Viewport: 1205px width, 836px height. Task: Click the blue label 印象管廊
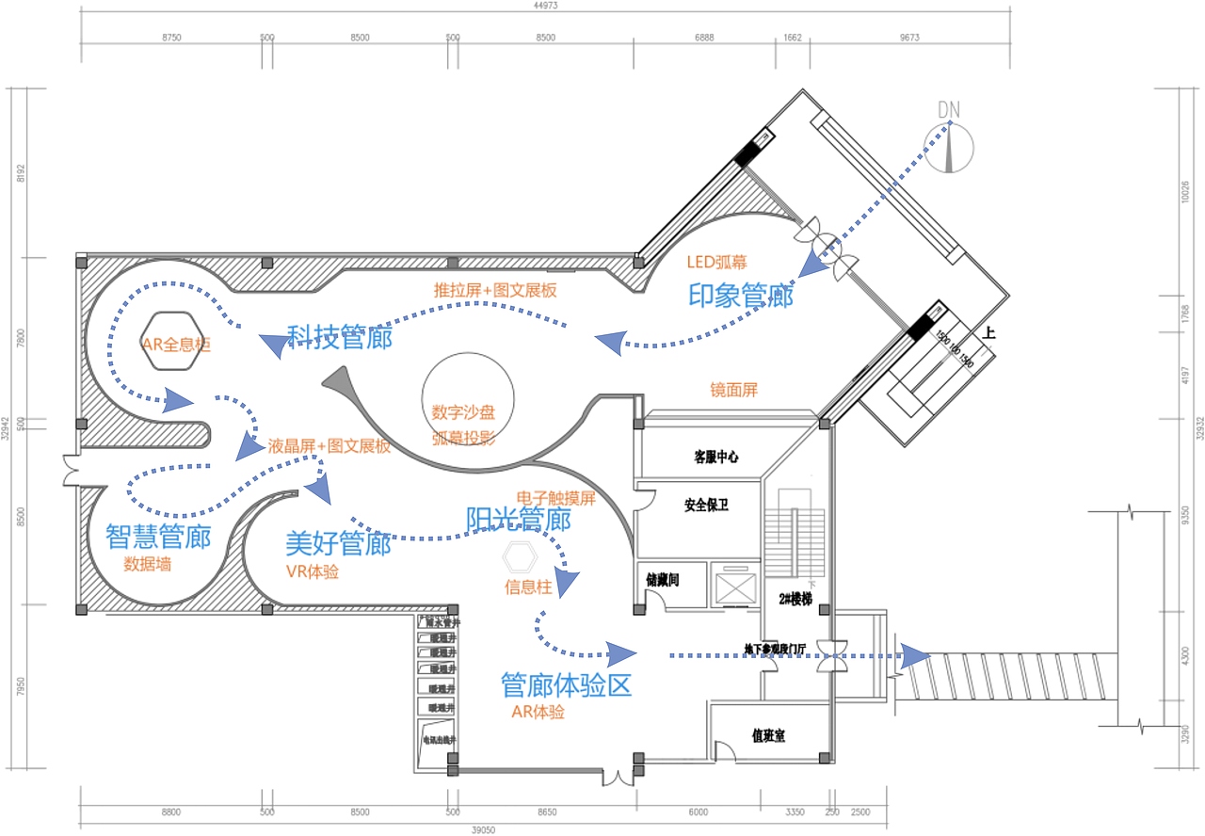point(741,296)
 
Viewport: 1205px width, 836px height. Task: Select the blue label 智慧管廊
point(158,538)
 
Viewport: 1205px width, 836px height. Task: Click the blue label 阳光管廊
point(519,519)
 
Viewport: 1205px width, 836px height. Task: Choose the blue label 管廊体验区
point(566,684)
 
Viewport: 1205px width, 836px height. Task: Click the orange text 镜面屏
point(733,389)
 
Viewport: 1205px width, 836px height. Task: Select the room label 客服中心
point(716,457)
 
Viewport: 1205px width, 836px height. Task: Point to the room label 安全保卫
point(706,505)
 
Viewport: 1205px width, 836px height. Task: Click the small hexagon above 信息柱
point(518,558)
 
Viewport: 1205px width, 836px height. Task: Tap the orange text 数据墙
point(148,565)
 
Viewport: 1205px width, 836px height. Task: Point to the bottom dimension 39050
point(482,829)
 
